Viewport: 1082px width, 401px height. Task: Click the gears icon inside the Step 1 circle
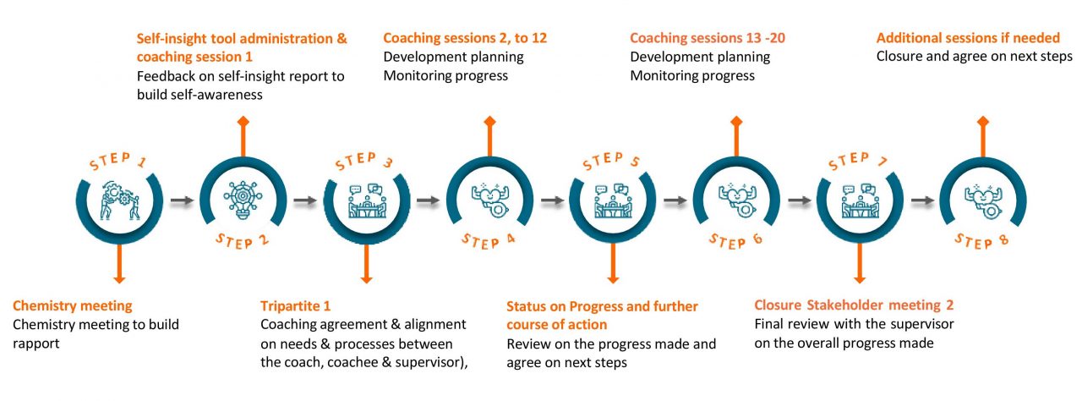coord(119,200)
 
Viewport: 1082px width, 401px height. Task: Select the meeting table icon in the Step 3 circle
coord(367,200)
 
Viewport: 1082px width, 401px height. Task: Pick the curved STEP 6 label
coord(735,240)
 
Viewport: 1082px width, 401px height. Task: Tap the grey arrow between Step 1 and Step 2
coord(182,200)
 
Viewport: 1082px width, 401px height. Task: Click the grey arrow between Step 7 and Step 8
coord(922,200)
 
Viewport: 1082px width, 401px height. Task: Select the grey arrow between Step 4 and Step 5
coord(552,200)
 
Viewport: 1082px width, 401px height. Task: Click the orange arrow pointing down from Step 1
coord(119,263)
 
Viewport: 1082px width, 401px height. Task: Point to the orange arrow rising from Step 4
coord(489,136)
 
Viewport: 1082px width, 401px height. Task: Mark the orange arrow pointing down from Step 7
coord(860,263)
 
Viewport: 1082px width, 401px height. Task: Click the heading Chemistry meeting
coord(73,305)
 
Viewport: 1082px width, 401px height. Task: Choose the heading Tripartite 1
coord(295,305)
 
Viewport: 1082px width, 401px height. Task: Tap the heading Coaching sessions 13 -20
coord(708,38)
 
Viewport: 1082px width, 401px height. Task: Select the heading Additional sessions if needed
coord(968,38)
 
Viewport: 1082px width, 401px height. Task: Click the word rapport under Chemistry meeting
coord(36,344)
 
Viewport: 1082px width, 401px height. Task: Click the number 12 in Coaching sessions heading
coord(539,38)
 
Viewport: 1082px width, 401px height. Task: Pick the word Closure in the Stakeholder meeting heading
coord(778,305)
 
